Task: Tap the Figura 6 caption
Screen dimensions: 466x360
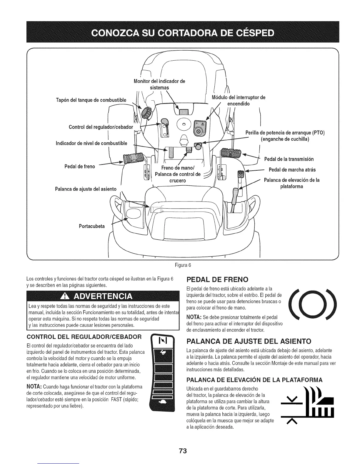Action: pyautogui.click(x=183, y=265)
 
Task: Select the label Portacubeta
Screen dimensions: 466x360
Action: pyautogui.click(x=91, y=226)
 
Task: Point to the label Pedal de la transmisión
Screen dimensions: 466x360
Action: pyautogui.click(x=289, y=159)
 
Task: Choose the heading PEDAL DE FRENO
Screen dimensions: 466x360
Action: pyautogui.click(x=218, y=279)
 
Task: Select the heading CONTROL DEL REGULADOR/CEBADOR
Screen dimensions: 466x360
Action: pyautogui.click(x=84, y=336)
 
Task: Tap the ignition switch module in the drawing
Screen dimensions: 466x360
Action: pyautogui.click(x=199, y=127)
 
